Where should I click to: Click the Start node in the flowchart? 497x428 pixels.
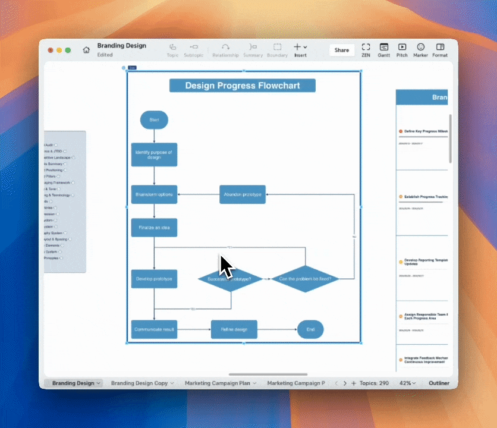(x=154, y=119)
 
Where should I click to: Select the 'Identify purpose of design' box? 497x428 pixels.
(x=154, y=155)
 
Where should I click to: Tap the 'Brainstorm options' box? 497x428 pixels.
(x=154, y=194)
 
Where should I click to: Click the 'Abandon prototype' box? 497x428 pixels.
(x=242, y=194)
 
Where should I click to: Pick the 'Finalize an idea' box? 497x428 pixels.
(x=154, y=227)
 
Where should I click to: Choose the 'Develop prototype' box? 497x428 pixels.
(x=154, y=278)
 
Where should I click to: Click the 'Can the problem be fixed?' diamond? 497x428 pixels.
(x=305, y=278)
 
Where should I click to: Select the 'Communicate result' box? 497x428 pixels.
(x=154, y=329)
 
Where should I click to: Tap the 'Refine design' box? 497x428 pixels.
(x=234, y=329)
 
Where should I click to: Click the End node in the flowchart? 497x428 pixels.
(x=310, y=329)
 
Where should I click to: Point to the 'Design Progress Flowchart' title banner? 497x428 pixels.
(x=242, y=86)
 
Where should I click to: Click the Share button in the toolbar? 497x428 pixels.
(x=342, y=50)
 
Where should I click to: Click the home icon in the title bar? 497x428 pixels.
(x=86, y=50)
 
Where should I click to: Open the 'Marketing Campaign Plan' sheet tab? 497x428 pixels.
(x=220, y=383)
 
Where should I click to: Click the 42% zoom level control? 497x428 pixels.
(x=407, y=383)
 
